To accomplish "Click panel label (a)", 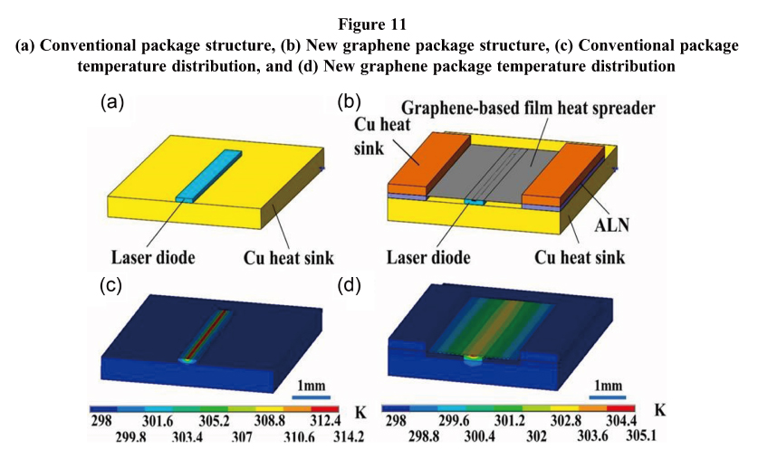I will click(112, 103).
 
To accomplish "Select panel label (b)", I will click(350, 103).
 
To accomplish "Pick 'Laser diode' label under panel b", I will click(428, 257).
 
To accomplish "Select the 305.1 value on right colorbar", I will click(644, 437).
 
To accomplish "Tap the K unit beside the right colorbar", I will click(660, 410).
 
